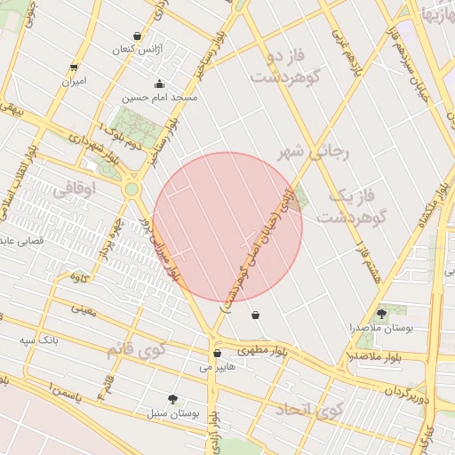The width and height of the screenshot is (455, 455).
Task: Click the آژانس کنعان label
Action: (x=134, y=50)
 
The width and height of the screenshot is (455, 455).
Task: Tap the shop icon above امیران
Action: (x=74, y=67)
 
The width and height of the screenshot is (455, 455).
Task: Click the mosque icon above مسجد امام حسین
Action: (x=160, y=84)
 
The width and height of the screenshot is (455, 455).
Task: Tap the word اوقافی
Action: (x=73, y=189)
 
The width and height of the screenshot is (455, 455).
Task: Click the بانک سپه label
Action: (x=41, y=339)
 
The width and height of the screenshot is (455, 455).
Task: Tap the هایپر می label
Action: (x=218, y=365)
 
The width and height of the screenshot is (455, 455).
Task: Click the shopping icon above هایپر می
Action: (x=217, y=353)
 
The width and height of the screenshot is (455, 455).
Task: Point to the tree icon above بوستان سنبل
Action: (x=172, y=400)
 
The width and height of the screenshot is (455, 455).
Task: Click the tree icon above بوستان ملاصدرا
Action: (x=382, y=313)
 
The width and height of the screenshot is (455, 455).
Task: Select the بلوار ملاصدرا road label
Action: (x=368, y=356)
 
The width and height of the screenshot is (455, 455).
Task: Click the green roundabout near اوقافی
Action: (x=132, y=188)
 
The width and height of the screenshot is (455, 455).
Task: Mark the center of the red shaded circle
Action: (x=227, y=227)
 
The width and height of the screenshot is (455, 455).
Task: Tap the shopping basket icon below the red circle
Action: (x=256, y=315)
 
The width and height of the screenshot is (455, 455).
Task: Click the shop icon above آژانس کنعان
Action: (x=136, y=36)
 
